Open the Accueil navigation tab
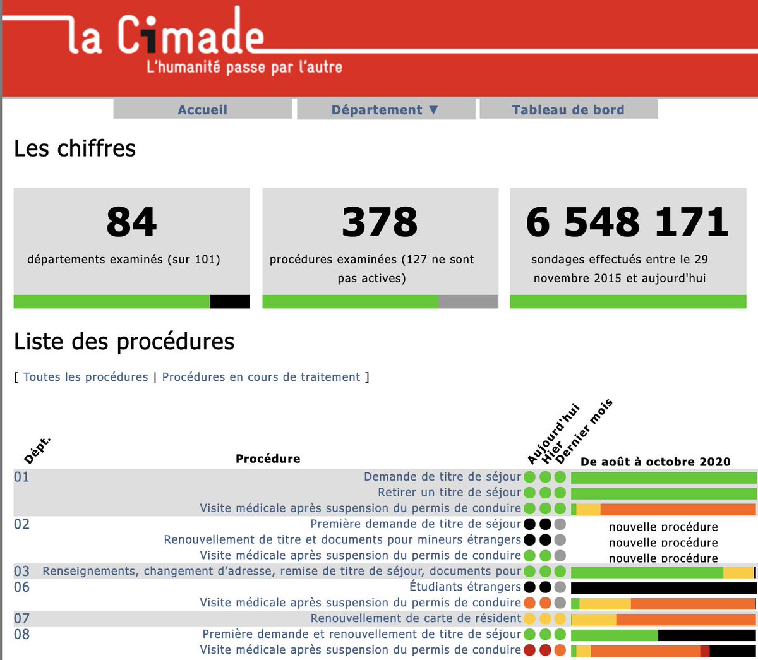202,110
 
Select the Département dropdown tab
385,110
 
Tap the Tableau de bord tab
568,110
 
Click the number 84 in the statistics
131,222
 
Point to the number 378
380,222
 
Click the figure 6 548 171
627,222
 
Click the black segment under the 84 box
229,302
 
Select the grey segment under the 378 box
468,302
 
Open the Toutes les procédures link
85,377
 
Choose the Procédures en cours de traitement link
261,377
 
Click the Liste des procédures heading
124,342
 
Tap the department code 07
21,618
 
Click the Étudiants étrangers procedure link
465,587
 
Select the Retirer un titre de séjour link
449,492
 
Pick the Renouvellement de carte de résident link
416,618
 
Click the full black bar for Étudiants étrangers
663,587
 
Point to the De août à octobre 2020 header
655,462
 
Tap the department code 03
21,571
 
